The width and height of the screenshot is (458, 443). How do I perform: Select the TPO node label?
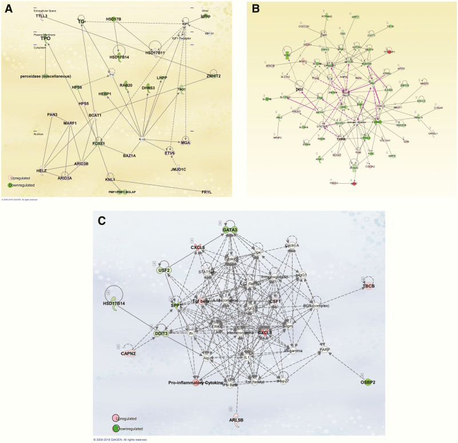click(45, 39)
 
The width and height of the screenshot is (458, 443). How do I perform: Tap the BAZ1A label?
click(129, 155)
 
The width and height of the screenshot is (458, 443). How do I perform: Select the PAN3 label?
click(52, 114)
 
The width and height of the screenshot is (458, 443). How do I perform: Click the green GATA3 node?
click(230, 230)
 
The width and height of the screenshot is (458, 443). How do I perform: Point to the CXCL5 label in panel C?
click(198, 248)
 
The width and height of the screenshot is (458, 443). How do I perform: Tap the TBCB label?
click(368, 286)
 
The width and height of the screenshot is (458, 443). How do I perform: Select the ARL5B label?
click(236, 420)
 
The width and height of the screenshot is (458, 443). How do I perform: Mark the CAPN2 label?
click(128, 354)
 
